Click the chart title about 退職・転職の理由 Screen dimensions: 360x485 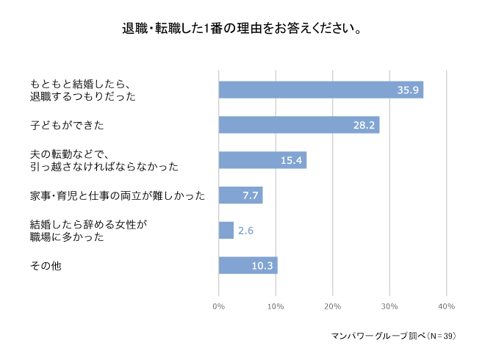click(241, 30)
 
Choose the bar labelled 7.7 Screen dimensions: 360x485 click(240, 195)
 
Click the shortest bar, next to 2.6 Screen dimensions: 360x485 click(226, 230)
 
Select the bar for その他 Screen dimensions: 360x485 click(248, 265)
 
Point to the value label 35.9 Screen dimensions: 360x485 click(408, 90)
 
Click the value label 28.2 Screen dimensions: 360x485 click(364, 126)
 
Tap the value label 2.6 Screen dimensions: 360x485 click(245, 231)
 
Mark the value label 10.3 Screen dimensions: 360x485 click(262, 266)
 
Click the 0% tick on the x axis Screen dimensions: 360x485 click(219, 306)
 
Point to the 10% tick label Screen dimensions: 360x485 click(276, 306)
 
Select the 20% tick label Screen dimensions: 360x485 click(333, 306)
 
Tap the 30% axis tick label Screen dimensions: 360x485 click(389, 306)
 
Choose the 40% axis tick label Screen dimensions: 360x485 click(446, 306)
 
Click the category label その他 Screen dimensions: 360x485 click(46, 266)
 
